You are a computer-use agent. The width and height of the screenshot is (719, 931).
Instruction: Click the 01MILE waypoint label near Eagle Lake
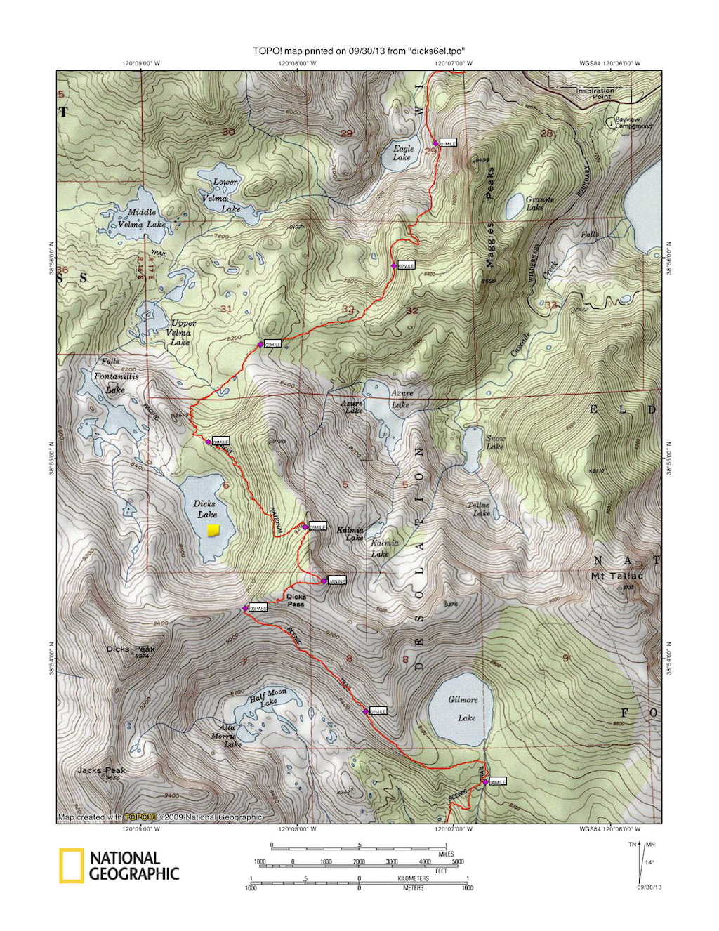tap(449, 143)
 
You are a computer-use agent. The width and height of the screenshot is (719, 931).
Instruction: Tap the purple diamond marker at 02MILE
tap(394, 266)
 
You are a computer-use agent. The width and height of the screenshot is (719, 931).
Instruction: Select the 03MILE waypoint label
tap(272, 344)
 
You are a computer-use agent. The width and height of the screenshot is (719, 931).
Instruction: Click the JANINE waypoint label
tap(337, 581)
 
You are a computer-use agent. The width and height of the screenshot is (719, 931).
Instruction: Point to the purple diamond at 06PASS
tap(245, 608)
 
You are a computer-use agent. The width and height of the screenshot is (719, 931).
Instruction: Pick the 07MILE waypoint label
tap(378, 711)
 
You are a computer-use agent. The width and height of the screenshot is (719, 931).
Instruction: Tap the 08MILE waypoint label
tap(498, 781)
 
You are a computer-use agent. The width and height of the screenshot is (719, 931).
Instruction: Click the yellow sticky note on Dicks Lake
tap(213, 530)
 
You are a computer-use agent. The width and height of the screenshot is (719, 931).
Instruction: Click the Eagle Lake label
tap(403, 152)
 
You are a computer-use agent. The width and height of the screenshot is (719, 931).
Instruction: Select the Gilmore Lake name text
tap(464, 708)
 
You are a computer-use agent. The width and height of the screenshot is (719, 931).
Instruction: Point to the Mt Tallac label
tap(616, 576)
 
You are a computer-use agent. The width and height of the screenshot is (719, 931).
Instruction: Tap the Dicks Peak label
tap(131, 649)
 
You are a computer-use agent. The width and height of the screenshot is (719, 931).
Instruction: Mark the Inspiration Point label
tap(595, 93)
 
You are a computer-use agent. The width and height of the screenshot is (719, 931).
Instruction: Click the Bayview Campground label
tap(633, 123)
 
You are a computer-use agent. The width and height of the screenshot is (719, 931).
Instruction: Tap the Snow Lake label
tap(496, 442)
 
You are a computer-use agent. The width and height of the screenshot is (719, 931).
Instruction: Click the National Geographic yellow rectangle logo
tap(71, 866)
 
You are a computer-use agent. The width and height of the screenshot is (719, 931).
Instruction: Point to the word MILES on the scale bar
tap(446, 854)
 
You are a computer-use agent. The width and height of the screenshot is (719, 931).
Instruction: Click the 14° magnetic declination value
tap(649, 862)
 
